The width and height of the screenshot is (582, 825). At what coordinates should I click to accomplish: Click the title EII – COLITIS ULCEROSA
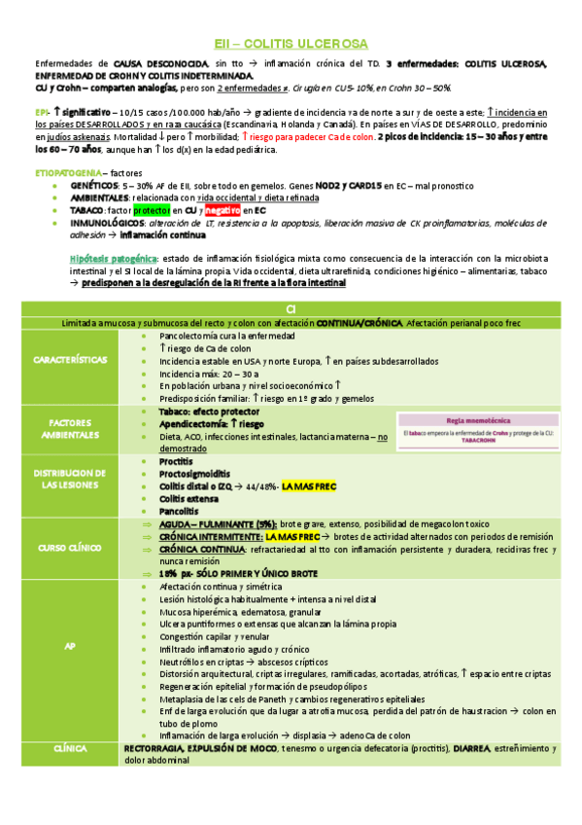[291, 44]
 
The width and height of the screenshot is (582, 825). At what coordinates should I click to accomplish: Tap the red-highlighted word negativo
[223, 210]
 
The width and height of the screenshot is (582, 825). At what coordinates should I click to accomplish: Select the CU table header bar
[291, 308]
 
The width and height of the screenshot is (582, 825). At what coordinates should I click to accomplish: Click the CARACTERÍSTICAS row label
[70, 360]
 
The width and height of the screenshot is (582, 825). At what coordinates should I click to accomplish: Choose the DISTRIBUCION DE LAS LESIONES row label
[70, 478]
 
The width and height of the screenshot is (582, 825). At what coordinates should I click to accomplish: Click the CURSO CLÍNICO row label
[70, 548]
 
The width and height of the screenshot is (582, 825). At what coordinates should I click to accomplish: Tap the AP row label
[70, 647]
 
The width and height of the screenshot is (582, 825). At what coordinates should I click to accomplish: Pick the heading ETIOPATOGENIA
[65, 171]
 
